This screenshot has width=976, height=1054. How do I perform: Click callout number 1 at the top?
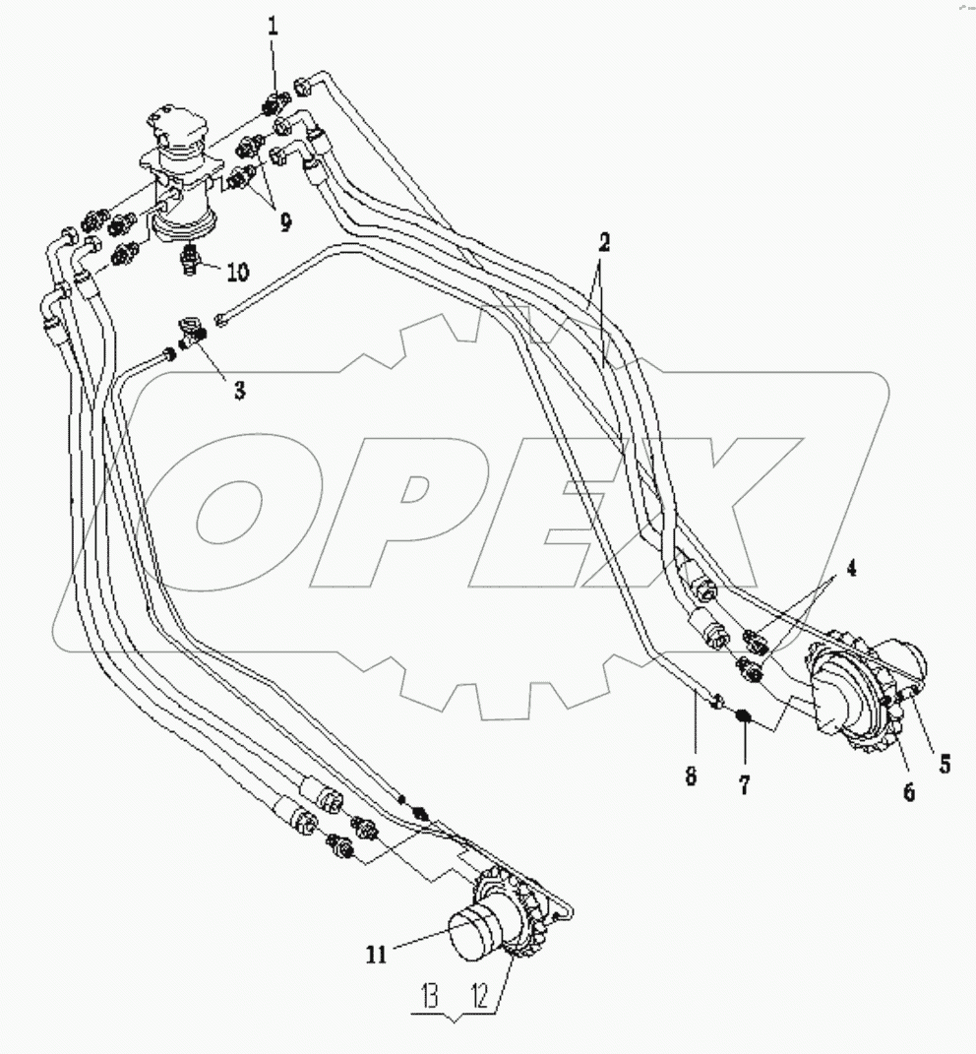[x=273, y=27]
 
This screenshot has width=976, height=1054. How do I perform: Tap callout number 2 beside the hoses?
[x=604, y=243]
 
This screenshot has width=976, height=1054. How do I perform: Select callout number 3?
[x=239, y=391]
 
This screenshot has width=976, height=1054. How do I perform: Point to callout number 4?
[x=851, y=569]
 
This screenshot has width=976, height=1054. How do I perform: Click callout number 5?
[x=945, y=764]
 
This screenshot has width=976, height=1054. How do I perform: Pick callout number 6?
[x=908, y=792]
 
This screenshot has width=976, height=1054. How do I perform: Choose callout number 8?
[x=691, y=776]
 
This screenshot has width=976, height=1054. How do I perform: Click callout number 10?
[x=238, y=272]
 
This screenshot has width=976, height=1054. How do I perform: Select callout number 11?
[x=377, y=954]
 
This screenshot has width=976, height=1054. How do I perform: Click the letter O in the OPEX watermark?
[x=228, y=510]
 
